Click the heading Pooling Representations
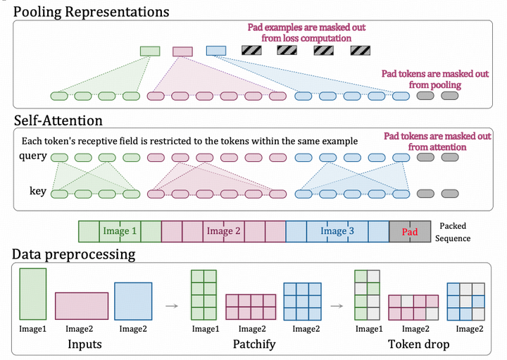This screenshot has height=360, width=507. click(x=91, y=12)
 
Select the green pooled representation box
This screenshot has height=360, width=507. click(x=150, y=51)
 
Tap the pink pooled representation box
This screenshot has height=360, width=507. click(x=182, y=51)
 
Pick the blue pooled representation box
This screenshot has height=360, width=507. click(x=216, y=51)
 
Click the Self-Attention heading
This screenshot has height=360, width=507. click(x=58, y=120)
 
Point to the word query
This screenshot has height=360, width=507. click(x=33, y=156)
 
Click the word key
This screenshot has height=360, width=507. click(x=38, y=191)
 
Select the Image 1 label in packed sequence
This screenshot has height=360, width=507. click(x=120, y=231)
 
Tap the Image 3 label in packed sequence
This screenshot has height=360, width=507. click(x=337, y=231)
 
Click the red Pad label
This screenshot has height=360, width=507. click(x=410, y=232)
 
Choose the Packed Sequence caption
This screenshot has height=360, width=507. click(x=453, y=232)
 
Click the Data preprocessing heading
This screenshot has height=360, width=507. click(x=74, y=254)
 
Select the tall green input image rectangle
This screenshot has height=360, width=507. click(x=33, y=294)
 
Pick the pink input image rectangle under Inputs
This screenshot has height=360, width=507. click(x=82, y=306)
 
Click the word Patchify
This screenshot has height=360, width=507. click(x=254, y=345)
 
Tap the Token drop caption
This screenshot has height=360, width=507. click(x=419, y=345)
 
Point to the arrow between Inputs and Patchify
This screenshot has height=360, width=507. click(x=172, y=306)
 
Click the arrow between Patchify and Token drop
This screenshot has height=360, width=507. click(x=337, y=306)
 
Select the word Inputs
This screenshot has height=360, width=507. click(x=84, y=345)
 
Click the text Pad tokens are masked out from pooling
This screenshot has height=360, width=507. click(x=435, y=79)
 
